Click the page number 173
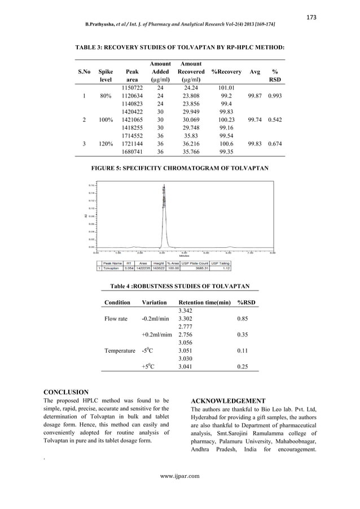(311, 17)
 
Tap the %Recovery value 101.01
(226, 88)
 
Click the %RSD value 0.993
(275, 96)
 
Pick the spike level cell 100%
(106, 120)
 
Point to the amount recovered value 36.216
(191, 144)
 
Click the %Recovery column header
(226, 72)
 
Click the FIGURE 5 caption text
(180, 168)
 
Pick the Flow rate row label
(116, 319)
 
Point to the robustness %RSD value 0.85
(246, 319)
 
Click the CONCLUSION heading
(66, 392)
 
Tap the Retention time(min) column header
(204, 302)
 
